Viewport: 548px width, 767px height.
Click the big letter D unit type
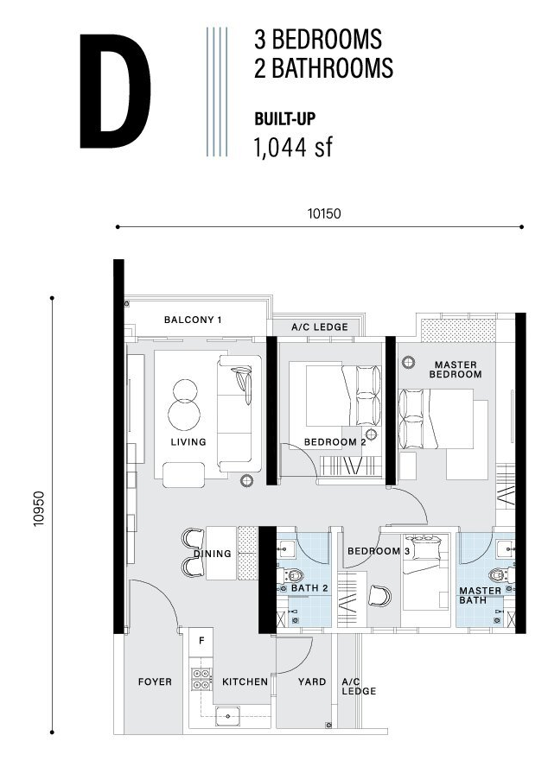(115, 91)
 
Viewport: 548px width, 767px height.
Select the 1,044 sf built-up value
(293, 147)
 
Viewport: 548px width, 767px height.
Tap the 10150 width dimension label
(324, 213)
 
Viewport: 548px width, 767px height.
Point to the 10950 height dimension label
(39, 509)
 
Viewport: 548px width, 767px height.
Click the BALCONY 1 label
(193, 320)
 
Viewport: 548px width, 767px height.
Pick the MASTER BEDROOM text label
(456, 370)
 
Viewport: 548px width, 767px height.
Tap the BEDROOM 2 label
(335, 442)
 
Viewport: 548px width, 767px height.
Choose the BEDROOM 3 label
(379, 551)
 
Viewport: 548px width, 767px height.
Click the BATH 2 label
(309, 588)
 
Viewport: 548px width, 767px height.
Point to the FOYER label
(155, 681)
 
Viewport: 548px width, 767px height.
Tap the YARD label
(312, 681)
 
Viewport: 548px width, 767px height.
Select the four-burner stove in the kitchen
(201, 680)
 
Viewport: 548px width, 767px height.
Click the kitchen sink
(227, 716)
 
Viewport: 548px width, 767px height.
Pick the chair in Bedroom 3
(379, 595)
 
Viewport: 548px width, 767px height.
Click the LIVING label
(188, 442)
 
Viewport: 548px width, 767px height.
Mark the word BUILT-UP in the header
(285, 119)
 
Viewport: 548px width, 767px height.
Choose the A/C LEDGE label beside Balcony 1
(320, 327)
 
